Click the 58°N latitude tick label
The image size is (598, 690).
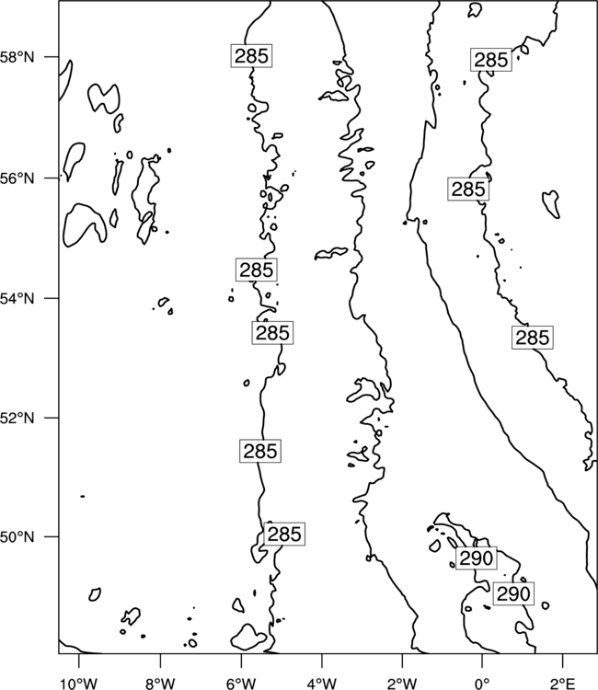pos(17,57)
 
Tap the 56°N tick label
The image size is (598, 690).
pos(17,178)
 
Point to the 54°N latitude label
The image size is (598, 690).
pos(17,298)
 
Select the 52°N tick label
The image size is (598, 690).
pos(17,418)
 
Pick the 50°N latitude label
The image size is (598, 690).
pos(17,537)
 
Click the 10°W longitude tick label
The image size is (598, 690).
pos(79,684)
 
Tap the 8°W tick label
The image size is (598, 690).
pos(160,684)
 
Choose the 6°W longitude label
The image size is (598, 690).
pos(241,684)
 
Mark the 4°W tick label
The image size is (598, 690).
pos(322,684)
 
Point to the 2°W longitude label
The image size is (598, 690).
pos(402,684)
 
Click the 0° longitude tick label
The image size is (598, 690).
pos(482,684)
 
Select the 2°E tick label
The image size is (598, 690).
pos(563,684)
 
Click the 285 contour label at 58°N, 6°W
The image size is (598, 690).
pos(251,56)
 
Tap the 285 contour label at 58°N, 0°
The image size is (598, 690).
pos(491,60)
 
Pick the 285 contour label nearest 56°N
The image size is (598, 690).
pos(468,190)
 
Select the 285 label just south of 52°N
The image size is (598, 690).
pos(260,451)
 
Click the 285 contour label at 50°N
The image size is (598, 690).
pos(284,535)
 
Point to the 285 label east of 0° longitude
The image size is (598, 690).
pos(533,338)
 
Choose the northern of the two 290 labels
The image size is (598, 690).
pos(477,558)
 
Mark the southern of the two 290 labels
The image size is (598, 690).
pos(513,593)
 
